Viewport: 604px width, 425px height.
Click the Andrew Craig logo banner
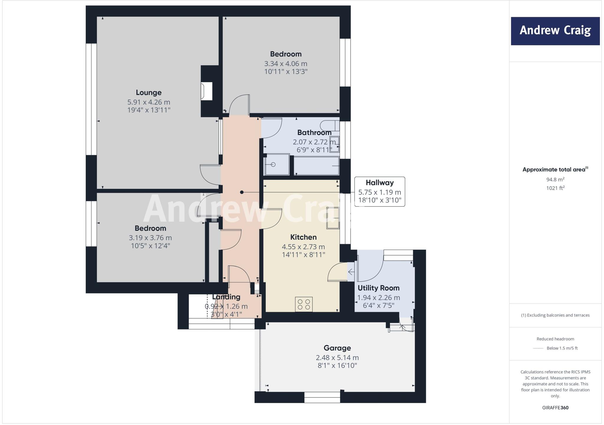click(555, 31)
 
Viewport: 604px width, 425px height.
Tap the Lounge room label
click(149, 93)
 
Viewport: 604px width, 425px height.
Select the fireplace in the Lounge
click(207, 91)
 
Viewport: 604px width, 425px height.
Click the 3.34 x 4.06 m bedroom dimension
click(285, 64)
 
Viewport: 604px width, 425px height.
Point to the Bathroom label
click(314, 133)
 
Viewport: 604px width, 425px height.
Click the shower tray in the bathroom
click(277, 164)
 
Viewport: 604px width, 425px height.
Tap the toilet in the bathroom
click(329, 126)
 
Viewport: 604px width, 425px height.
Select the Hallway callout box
click(380, 192)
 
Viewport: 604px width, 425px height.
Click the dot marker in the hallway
click(242, 192)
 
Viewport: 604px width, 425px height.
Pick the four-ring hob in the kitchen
click(304, 304)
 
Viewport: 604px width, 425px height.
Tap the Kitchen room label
click(303, 237)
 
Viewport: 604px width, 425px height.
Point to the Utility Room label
click(378, 288)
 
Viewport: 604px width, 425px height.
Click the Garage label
click(337, 348)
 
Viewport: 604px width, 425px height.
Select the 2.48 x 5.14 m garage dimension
click(337, 358)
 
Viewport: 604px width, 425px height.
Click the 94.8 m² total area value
click(555, 179)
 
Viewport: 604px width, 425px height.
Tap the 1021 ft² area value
click(555, 188)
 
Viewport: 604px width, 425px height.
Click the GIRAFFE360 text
click(555, 408)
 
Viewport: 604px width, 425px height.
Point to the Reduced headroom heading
click(555, 339)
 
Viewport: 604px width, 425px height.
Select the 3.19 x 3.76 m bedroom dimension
click(150, 238)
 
